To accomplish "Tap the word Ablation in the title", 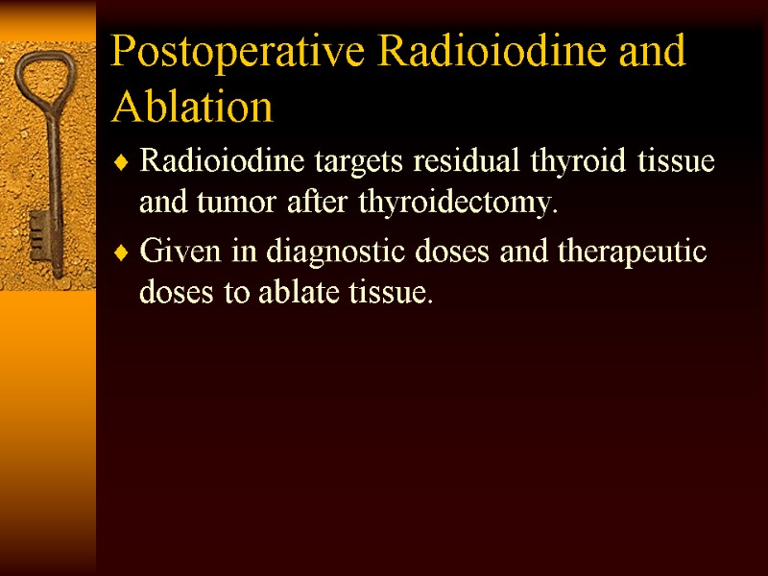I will (x=192, y=107).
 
